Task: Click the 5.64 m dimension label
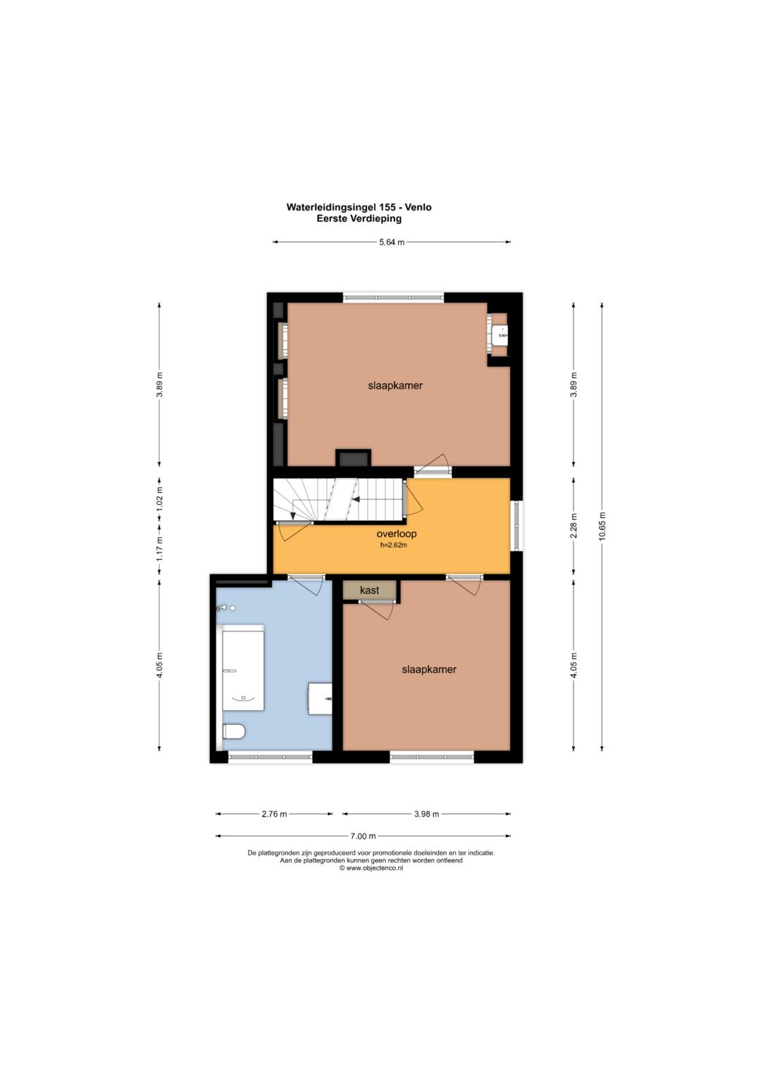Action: coord(392,242)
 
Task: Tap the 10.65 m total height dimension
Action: coord(602,526)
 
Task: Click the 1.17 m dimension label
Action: coord(160,548)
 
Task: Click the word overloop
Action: coord(396,534)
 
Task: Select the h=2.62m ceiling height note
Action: coord(393,545)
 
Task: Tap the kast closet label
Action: coord(369,590)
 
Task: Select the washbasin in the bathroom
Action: coord(320,699)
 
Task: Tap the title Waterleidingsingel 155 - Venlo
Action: coord(359,207)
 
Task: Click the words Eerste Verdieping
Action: coord(359,219)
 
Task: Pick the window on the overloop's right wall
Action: coord(516,525)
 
